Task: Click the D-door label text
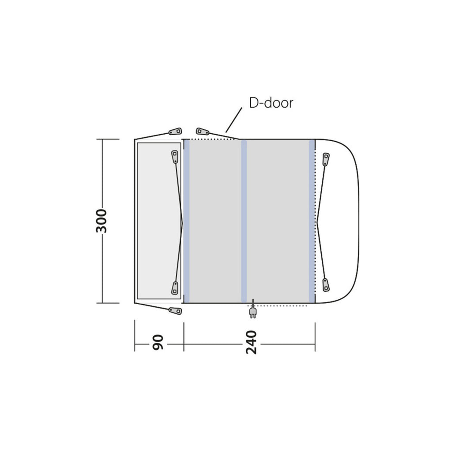271,103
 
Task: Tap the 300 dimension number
101,221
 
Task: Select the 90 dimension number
158,343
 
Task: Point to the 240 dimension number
251,342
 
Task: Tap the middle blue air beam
244,221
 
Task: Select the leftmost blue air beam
187,221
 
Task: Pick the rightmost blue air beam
312,221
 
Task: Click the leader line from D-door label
234,120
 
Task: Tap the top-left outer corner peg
175,132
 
